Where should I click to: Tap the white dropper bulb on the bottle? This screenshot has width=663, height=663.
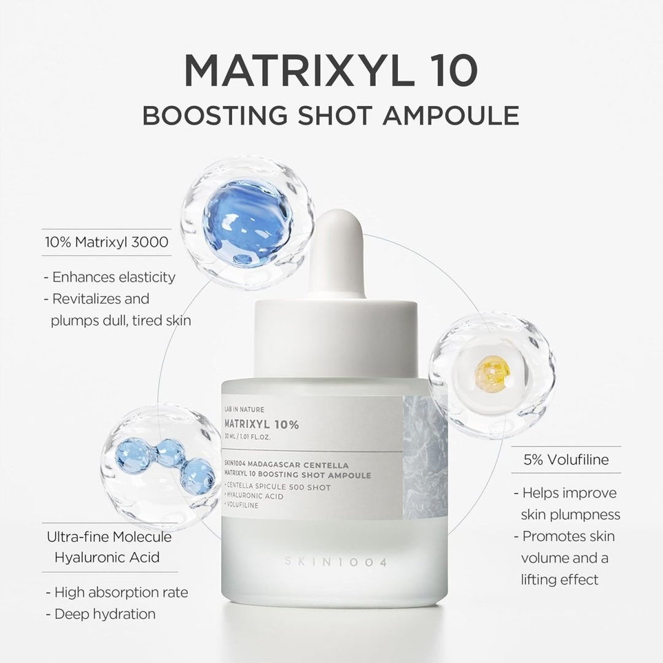334,252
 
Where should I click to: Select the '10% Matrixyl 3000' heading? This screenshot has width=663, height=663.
106,242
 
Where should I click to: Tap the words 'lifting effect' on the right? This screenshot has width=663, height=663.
559,580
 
